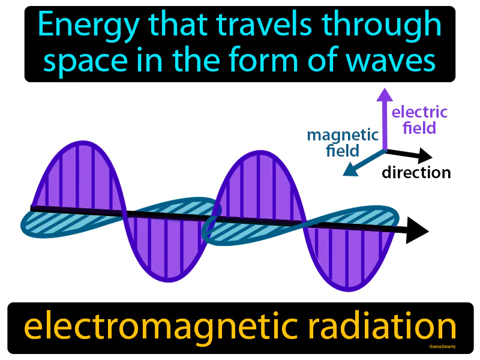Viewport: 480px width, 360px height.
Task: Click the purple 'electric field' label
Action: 419,119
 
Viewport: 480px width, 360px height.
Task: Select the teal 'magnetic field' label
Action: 343,142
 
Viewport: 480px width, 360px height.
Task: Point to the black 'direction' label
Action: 416,173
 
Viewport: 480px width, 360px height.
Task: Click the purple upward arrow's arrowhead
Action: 385,94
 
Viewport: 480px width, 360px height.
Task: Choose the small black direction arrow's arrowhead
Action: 425,156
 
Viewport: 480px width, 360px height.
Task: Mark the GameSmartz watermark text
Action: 443,346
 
